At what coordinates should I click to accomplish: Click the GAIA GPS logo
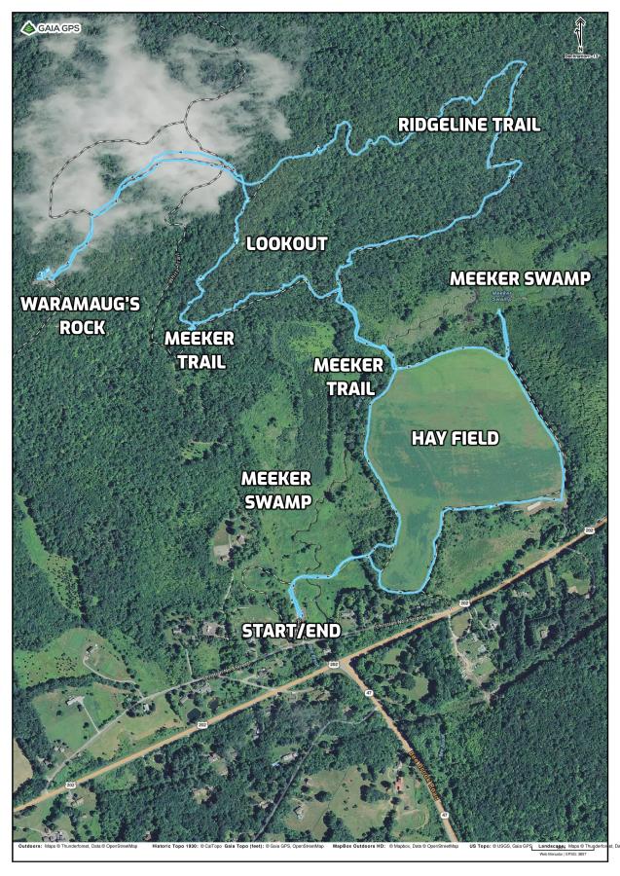coord(55,27)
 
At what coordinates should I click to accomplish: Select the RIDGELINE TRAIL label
coord(469,125)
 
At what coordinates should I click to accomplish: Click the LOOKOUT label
coord(286,243)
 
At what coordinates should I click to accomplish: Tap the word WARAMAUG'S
coord(81,305)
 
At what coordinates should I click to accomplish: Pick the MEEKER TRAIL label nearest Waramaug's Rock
coord(199,349)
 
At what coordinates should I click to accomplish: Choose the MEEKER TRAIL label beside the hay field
coord(347,377)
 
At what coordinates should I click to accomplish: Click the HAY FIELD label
coord(455,439)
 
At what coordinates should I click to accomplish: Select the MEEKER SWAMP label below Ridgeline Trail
coord(520,278)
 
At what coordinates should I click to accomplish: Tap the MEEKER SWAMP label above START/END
coord(276,490)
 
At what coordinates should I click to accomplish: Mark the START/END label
coord(291,631)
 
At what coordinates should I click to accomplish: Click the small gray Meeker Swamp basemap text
coord(502,295)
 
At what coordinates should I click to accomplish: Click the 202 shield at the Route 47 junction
coord(333,664)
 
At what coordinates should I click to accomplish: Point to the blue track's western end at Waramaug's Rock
coord(40,277)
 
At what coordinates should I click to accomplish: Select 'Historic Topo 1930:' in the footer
coord(176,846)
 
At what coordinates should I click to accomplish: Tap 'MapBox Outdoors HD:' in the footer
coord(359,846)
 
